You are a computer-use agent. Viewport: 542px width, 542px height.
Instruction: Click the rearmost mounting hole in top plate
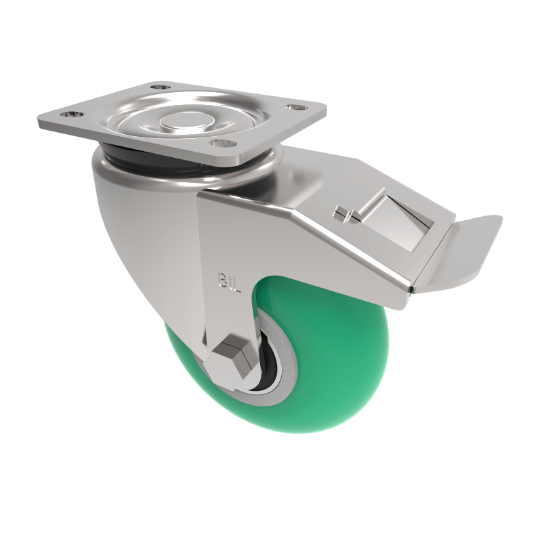(159, 87)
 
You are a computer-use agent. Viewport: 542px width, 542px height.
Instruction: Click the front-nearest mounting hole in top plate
(217, 142)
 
